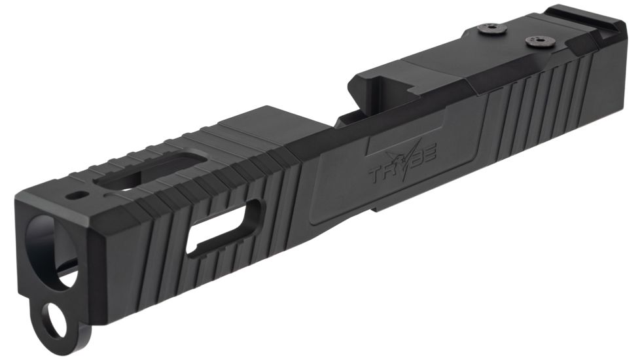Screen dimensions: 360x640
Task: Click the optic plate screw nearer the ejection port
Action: tap(491, 27)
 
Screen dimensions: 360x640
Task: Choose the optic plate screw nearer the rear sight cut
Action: tap(535, 41)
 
